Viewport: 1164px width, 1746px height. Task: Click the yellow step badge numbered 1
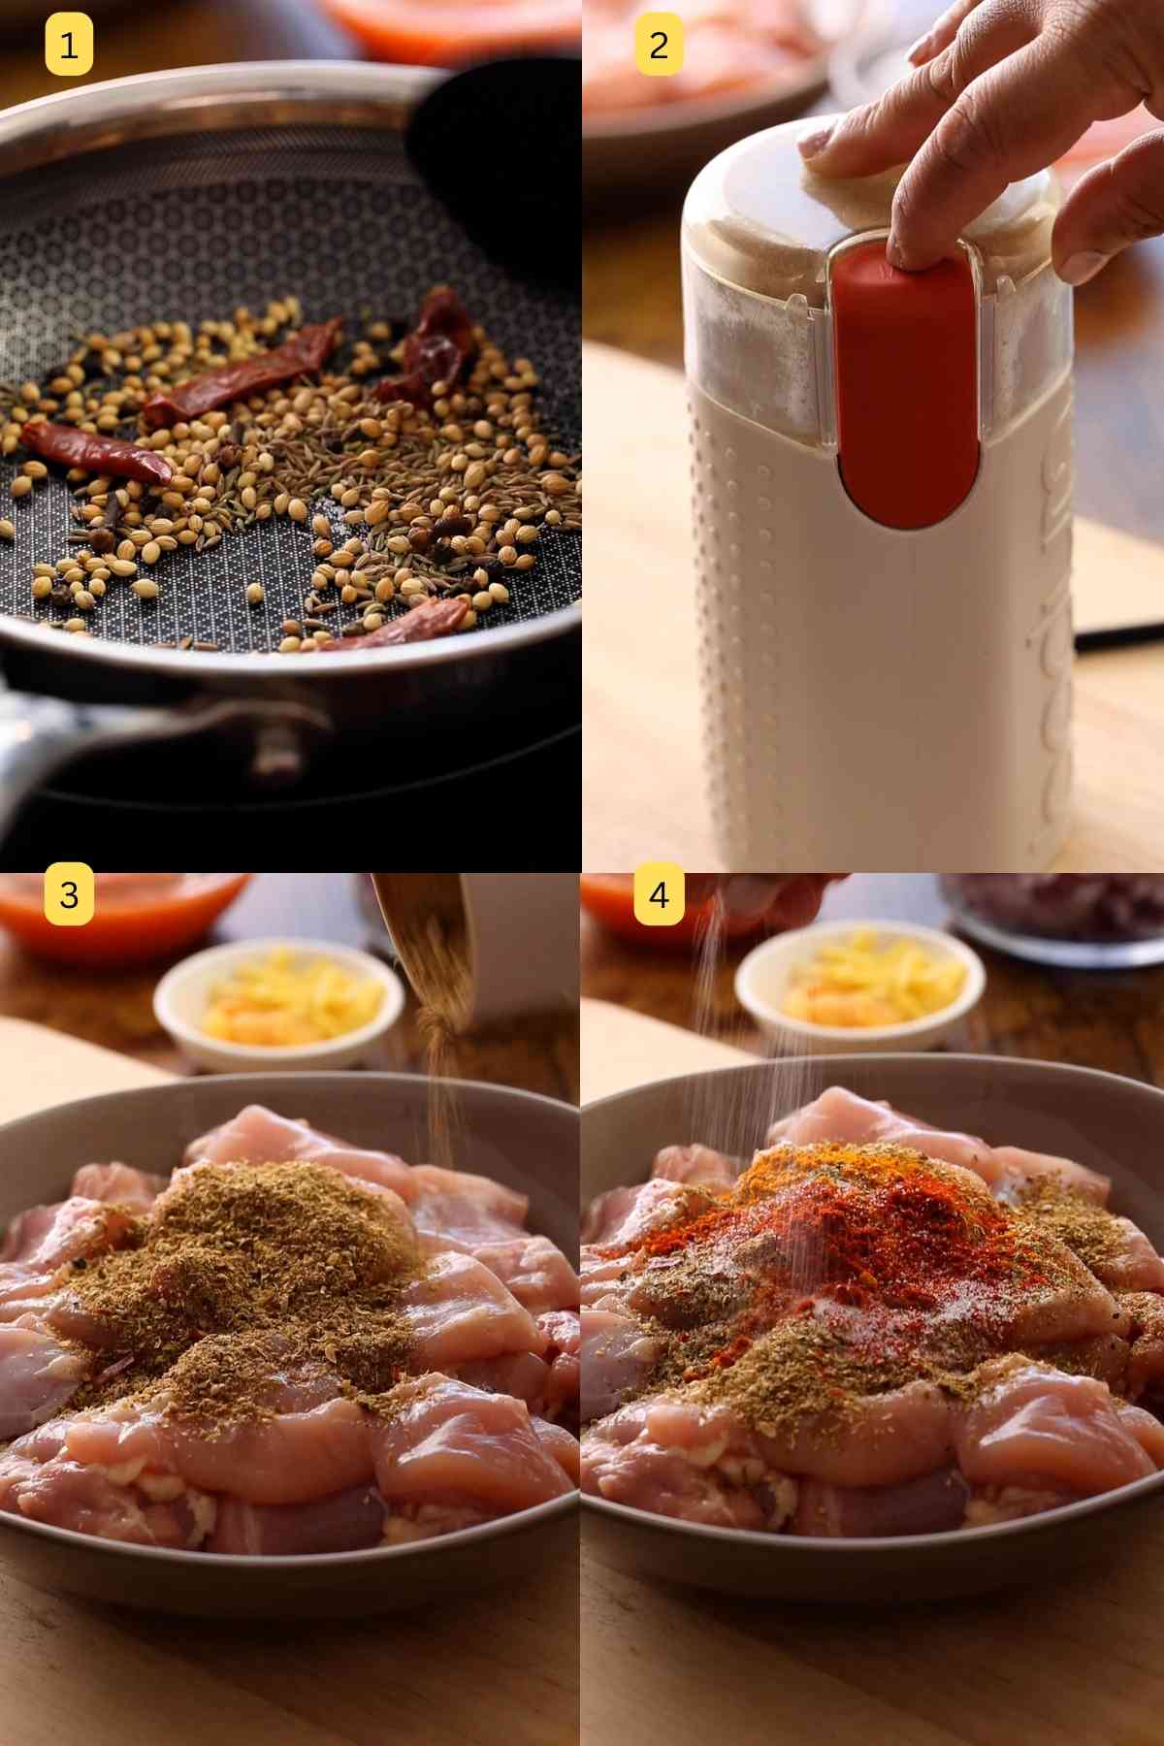click(69, 46)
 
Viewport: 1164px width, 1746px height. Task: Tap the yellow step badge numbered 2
click(659, 46)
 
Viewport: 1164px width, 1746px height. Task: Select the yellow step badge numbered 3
click(69, 893)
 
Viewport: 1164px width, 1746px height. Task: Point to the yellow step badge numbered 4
click(659, 893)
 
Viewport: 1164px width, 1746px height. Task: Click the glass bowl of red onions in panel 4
click(1057, 917)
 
